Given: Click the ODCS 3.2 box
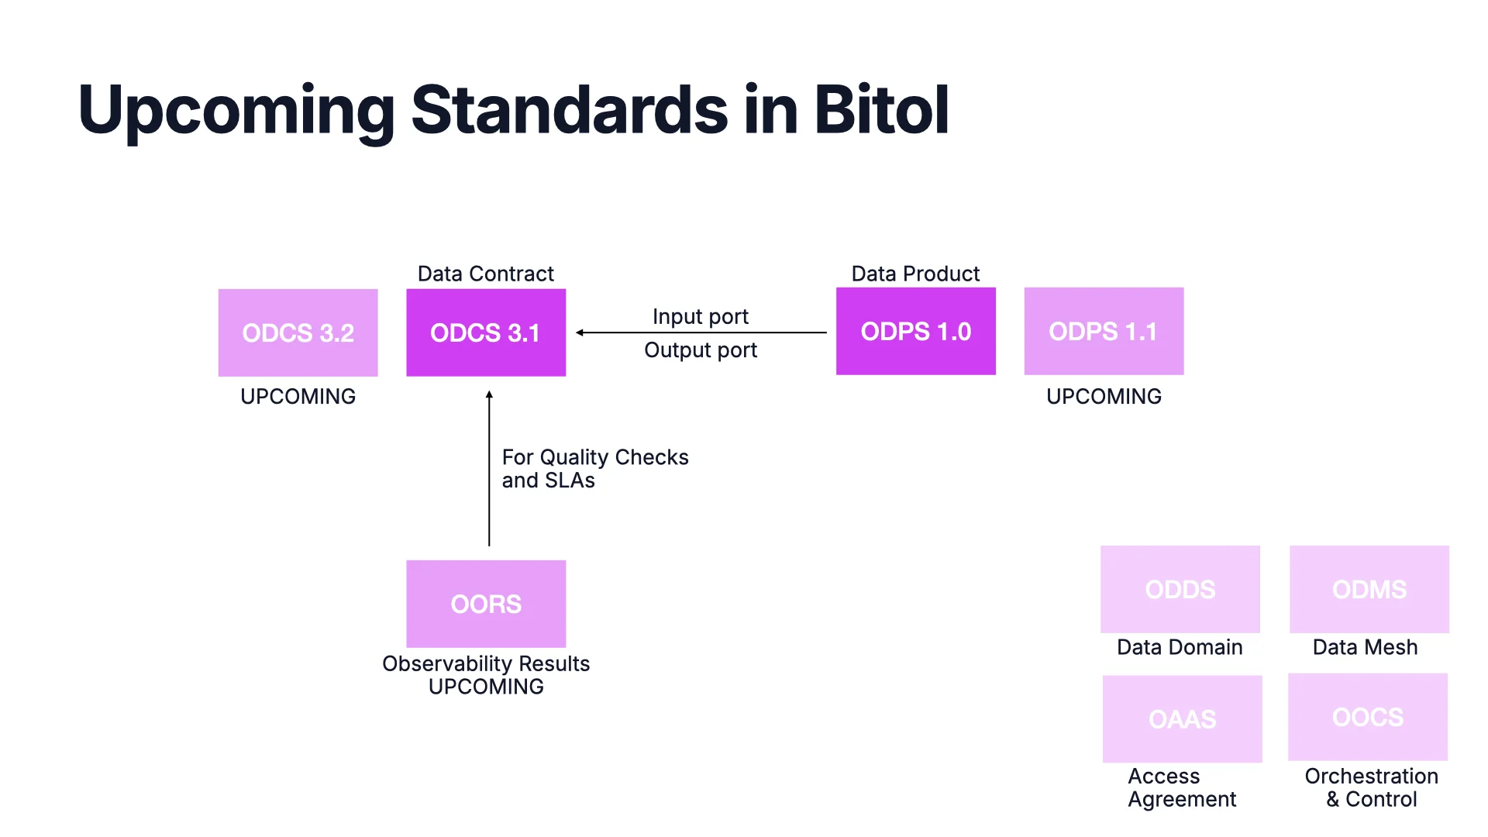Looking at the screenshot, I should tap(298, 332).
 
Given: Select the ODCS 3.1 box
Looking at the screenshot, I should tap(486, 332).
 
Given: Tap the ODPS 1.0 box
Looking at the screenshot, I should tap(915, 331).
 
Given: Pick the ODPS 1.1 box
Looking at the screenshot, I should tap(1104, 331).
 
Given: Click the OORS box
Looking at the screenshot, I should tap(486, 604).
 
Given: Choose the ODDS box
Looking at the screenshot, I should tap(1180, 589).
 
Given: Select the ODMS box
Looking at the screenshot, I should tap(1369, 589).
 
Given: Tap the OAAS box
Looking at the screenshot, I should tap(1182, 718).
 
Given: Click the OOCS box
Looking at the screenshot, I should tap(1367, 717).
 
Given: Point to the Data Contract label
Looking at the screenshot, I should tap(486, 274).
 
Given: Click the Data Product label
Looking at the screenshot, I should tap(915, 274).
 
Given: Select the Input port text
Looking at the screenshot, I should tap(701, 316).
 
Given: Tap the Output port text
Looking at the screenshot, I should tap(701, 350).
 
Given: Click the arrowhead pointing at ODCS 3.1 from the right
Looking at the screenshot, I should tap(580, 332).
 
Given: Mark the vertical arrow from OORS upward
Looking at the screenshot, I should tap(489, 469).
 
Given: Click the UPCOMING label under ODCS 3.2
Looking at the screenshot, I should tap(298, 396).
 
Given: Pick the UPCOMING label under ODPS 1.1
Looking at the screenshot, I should tap(1104, 396).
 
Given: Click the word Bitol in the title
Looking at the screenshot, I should tap(881, 110).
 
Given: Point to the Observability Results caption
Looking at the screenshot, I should tap(486, 663).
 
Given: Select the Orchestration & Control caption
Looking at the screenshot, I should tap(1371, 787).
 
